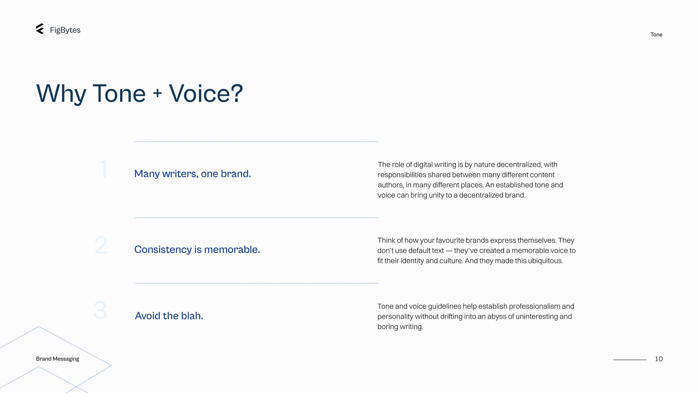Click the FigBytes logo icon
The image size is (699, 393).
click(40, 29)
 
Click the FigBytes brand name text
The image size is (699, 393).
click(65, 30)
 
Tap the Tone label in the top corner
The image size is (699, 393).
click(656, 35)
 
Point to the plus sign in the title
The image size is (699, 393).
click(157, 93)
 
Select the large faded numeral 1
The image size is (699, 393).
click(104, 168)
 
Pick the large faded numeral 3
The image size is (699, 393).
click(100, 310)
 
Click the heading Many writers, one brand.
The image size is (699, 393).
click(193, 174)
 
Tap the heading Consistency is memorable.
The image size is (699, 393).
click(197, 250)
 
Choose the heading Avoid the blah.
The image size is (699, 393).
click(169, 316)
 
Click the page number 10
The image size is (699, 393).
click(659, 359)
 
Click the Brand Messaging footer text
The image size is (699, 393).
click(58, 359)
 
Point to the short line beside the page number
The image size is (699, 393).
click(630, 360)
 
